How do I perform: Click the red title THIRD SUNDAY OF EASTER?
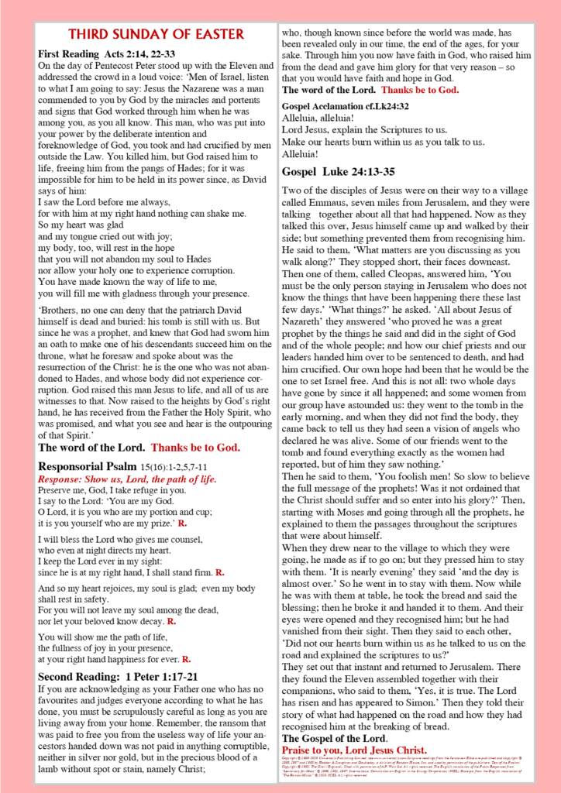point(156,34)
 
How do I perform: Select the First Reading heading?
point(69,54)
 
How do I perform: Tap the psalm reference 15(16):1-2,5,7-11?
point(174,468)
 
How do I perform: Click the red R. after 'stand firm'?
point(220,572)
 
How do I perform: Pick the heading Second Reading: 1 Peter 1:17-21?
point(118,676)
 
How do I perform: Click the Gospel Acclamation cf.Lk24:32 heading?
point(346,105)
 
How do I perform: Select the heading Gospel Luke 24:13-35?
point(339,171)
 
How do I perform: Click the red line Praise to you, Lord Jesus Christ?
point(354,750)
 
